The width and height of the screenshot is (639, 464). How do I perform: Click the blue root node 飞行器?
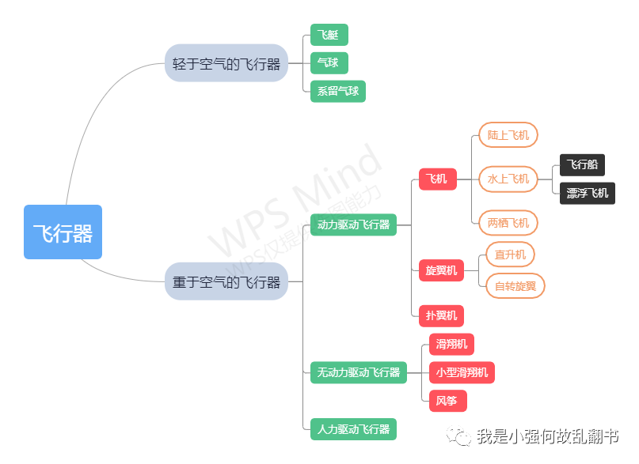[x=63, y=232]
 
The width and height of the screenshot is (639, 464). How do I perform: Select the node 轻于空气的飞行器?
[x=226, y=64]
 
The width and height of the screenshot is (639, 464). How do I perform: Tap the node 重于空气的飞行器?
[x=226, y=281]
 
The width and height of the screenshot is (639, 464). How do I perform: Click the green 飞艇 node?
[x=329, y=36]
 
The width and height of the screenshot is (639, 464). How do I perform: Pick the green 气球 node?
[x=329, y=63]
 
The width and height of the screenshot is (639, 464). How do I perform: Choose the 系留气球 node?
[x=338, y=91]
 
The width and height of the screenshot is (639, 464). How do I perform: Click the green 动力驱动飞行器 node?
[x=353, y=224]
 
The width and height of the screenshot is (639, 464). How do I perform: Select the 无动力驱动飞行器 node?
[x=359, y=372]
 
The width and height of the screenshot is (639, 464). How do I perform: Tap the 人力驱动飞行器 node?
[x=353, y=430]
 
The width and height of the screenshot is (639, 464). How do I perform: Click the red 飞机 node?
[x=437, y=179]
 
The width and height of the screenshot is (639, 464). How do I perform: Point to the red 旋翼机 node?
[x=441, y=270]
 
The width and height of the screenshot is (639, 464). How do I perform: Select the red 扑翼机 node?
[x=441, y=315]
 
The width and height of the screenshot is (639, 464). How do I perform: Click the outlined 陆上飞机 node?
[x=508, y=135]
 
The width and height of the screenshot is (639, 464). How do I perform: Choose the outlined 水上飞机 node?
[x=508, y=179]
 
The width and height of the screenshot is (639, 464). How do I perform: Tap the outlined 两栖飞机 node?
[x=508, y=223]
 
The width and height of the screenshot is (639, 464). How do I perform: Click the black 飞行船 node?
[x=582, y=164]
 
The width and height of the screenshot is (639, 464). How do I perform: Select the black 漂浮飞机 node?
[x=588, y=193]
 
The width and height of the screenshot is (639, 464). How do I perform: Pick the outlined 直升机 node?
[x=510, y=255]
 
